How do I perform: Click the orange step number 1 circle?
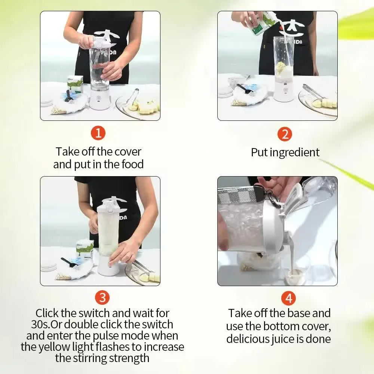point(98,133)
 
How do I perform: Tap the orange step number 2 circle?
point(285,134)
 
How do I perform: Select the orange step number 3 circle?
point(102,297)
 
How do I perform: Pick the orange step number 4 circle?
point(288,298)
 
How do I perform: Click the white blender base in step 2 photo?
point(283,91)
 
